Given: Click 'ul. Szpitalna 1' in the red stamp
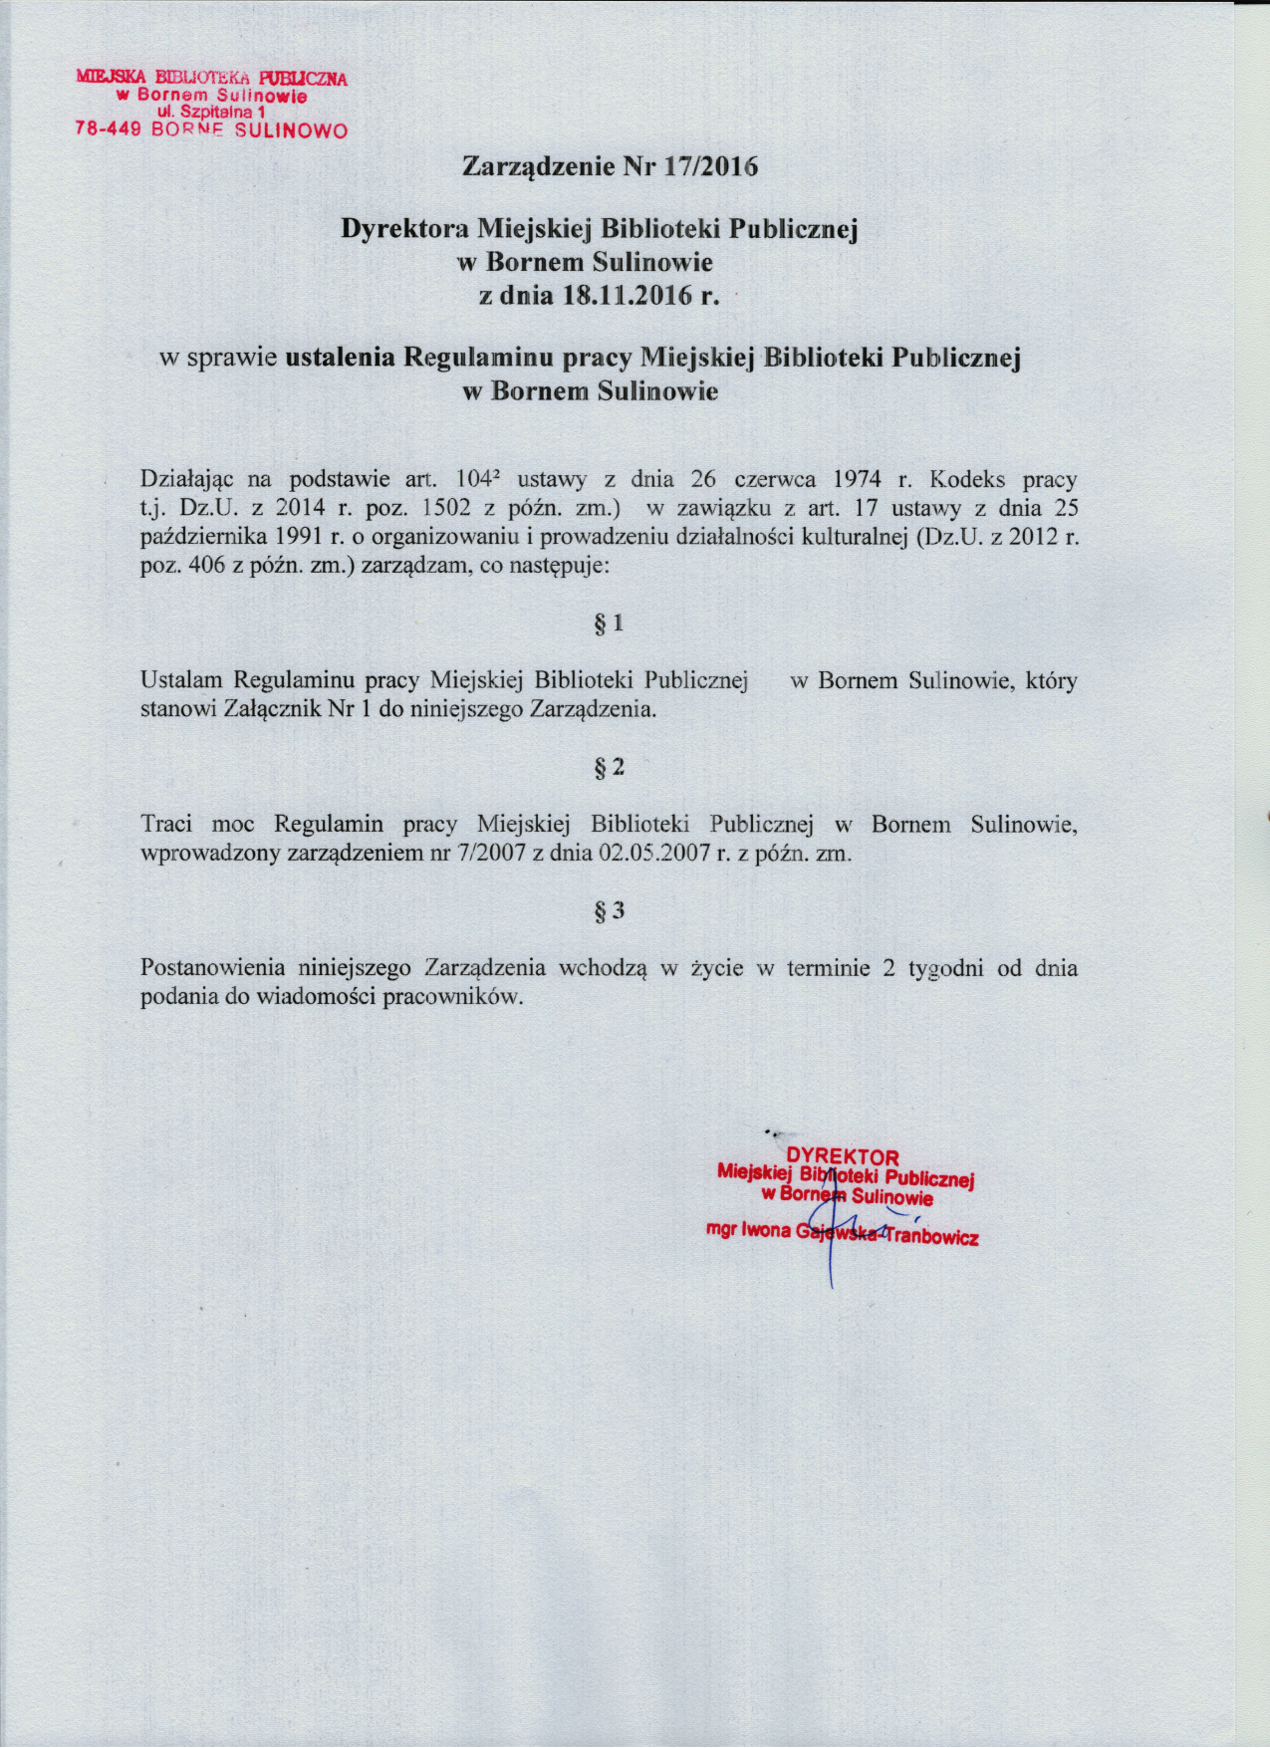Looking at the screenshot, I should coord(211,113).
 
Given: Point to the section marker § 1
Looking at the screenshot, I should coord(609,624).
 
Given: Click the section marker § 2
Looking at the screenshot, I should coord(609,767).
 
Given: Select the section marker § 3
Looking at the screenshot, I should coord(609,910).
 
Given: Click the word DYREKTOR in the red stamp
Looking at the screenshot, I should coord(843,1156).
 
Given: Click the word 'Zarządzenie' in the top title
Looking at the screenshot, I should coord(538,166).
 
